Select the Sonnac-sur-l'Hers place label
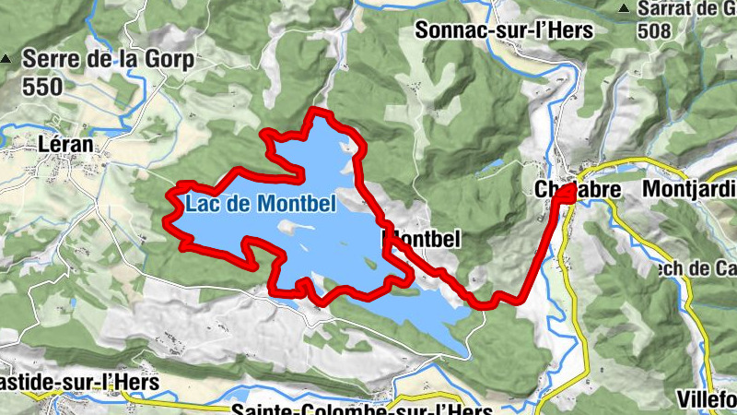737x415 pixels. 504,30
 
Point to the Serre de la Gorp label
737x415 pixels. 108,61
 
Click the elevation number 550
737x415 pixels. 42,87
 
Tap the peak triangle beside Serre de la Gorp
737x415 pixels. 7,60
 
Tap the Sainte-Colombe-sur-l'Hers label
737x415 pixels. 363,407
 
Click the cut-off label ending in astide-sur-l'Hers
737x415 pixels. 79,381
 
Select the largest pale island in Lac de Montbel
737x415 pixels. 287,225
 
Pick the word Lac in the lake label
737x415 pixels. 200,202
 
